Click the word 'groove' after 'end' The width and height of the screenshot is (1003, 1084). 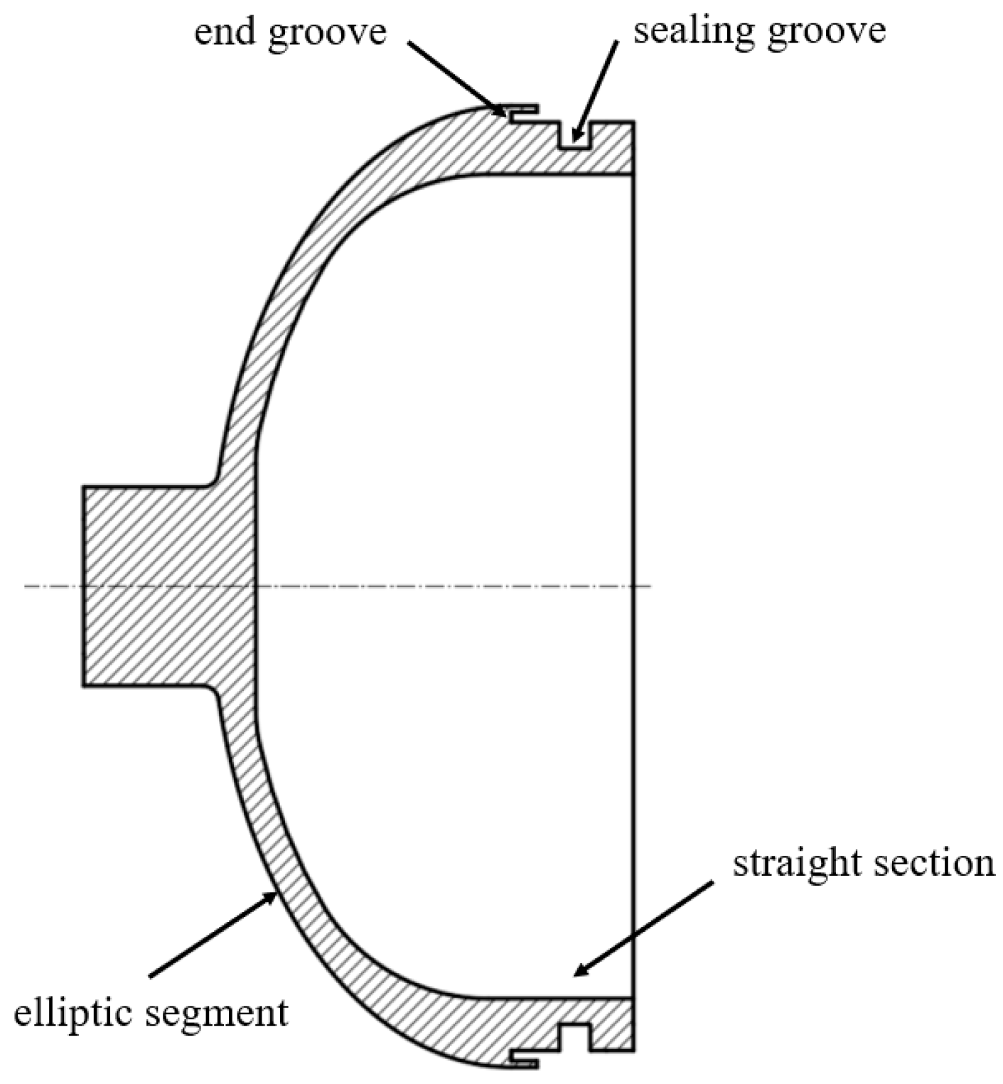coord(328,33)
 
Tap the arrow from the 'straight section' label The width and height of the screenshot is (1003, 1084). coord(643,928)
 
